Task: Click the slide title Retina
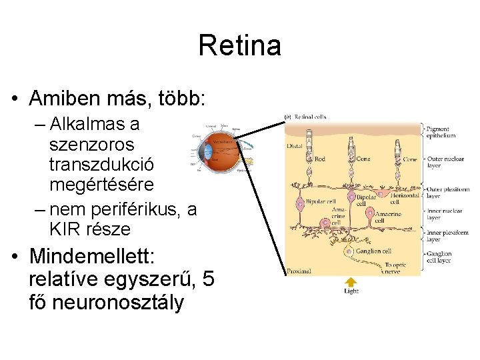(239, 46)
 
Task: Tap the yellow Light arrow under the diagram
(351, 282)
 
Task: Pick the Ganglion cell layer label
(440, 257)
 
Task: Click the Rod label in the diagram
(320, 159)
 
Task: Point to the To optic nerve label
(395, 268)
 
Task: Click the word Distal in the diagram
(295, 145)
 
